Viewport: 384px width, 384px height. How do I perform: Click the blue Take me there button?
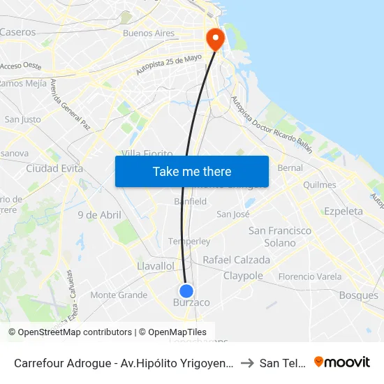(x=192, y=171)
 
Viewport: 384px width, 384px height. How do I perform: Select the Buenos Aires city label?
(x=148, y=33)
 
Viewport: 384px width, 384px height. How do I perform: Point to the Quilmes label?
(x=320, y=185)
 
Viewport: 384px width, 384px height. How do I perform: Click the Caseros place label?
(x=18, y=32)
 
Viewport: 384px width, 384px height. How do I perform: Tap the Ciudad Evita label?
(x=54, y=168)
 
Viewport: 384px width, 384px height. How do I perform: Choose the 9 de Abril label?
(x=99, y=215)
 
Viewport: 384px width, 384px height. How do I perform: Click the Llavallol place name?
(x=156, y=266)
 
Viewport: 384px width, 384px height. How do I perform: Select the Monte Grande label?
(x=119, y=295)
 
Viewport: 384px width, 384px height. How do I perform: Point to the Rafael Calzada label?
(x=236, y=260)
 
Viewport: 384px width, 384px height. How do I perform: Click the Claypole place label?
(x=243, y=276)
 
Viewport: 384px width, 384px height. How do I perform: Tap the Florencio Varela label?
(x=310, y=276)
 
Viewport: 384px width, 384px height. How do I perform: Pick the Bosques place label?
(x=358, y=295)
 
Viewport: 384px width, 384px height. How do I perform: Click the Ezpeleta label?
(x=344, y=211)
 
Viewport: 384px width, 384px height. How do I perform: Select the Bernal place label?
(x=290, y=168)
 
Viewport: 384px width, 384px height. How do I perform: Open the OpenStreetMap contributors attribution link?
(x=73, y=332)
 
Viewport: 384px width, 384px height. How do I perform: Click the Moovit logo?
(x=342, y=362)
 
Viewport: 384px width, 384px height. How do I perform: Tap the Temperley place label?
(x=189, y=242)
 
